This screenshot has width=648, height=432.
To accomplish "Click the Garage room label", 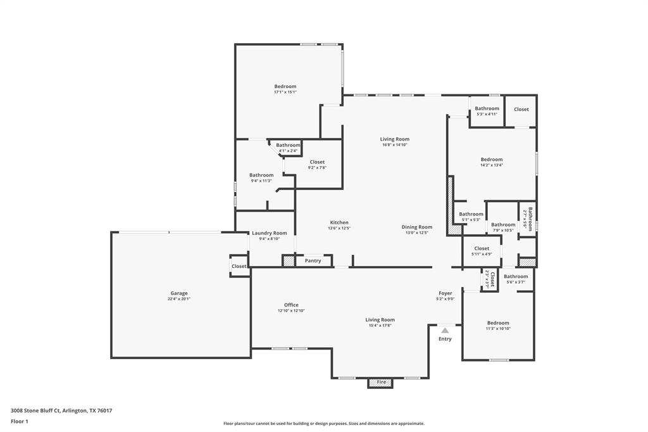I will tap(179, 293).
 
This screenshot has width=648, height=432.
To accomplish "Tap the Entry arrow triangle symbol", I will tap(445, 330).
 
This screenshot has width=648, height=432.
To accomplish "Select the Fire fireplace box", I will tap(381, 383).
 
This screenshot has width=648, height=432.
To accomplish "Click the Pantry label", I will tap(313, 260).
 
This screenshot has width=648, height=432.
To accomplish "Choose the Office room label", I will tap(291, 305).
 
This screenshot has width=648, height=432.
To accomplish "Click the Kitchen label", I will tap(339, 222).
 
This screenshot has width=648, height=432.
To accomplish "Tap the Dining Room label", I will tap(416, 227).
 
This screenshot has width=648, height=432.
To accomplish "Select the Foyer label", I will tap(445, 293).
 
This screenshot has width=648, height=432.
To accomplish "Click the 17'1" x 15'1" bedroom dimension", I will tap(285, 92).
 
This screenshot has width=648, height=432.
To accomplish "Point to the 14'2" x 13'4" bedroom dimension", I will tap(491, 165).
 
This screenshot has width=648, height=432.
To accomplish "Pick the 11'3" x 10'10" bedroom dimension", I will tap(497, 329).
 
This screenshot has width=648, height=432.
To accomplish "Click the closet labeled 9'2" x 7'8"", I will tap(317, 165).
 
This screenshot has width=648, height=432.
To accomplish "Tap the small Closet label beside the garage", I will tap(239, 266).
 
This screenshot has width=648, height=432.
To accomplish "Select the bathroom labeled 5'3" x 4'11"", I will tap(487, 111).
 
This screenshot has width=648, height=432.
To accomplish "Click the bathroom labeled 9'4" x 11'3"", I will tap(261, 177).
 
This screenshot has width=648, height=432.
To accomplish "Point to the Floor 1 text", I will tap(20, 421).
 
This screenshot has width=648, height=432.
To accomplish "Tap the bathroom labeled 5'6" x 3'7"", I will tap(516, 279).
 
